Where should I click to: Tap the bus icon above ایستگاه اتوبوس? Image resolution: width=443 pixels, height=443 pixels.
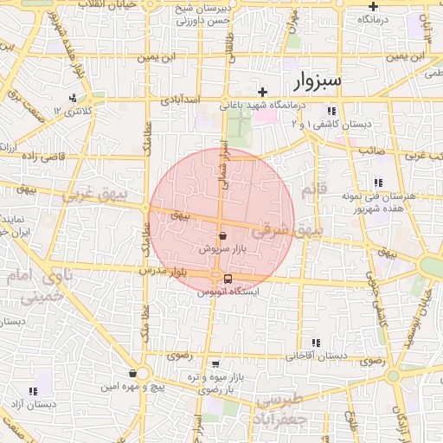tap(228, 279)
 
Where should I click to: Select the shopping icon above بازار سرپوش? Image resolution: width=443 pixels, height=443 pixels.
tap(223, 234)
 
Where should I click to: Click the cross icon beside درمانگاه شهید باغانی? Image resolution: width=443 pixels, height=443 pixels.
tap(262, 92)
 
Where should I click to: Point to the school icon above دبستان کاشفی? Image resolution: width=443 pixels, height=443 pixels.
tap(331, 111)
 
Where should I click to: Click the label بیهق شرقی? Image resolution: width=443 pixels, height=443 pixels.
tap(286, 232)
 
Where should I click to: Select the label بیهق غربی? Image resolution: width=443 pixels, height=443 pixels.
tap(93, 196)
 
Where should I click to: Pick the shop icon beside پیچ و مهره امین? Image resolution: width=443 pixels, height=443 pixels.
tap(132, 373)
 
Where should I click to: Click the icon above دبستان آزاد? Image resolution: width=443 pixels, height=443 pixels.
tap(34, 391)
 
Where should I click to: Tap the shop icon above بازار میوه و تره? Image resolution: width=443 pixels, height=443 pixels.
tap(215, 364)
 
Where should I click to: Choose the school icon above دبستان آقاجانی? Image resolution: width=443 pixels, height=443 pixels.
tap(316, 343)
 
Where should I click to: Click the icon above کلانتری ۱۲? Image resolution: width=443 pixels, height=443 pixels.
tap(73, 98)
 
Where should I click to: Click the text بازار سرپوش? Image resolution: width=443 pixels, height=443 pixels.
tap(219, 248)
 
